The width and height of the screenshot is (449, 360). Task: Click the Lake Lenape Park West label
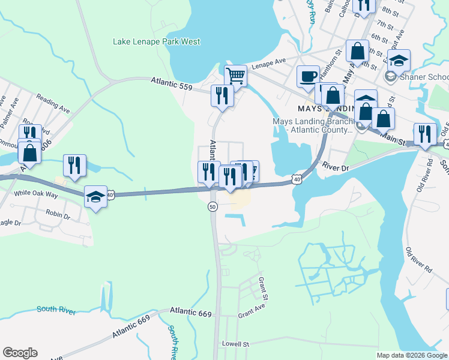(157, 42)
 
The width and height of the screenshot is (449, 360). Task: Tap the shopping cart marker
(236, 77)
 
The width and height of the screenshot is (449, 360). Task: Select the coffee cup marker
(308, 77)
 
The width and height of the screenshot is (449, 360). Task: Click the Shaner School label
(423, 77)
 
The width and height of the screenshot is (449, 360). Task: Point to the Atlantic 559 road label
(171, 84)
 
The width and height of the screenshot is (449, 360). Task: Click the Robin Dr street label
(58, 213)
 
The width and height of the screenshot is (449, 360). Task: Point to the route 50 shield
(212, 206)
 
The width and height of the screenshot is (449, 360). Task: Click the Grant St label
(262, 287)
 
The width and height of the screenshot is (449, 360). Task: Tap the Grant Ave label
(251, 314)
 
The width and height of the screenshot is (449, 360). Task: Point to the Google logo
(20, 353)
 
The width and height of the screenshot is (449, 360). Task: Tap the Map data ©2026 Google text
(412, 355)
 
